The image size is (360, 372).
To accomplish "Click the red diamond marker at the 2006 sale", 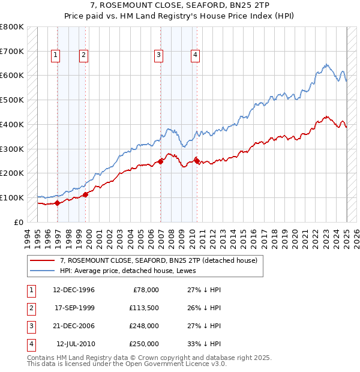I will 161,161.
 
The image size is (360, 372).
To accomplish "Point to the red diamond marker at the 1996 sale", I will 58,203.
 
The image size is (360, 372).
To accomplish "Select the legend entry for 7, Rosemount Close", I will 158,260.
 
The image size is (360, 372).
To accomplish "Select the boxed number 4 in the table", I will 30,344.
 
